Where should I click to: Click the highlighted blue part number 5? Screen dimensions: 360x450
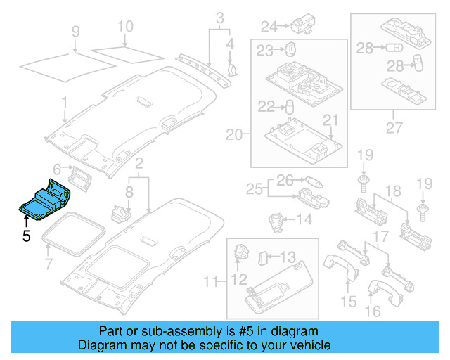(44, 201)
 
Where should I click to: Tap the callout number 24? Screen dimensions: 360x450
(269, 27)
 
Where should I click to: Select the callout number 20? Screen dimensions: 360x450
(233, 134)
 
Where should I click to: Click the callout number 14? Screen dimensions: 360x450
(304, 220)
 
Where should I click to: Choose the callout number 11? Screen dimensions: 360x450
(210, 283)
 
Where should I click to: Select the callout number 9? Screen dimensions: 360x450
(75, 31)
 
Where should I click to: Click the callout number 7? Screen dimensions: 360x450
(49, 264)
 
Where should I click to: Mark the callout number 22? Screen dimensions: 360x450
(265, 107)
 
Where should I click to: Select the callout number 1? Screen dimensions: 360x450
(64, 103)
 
